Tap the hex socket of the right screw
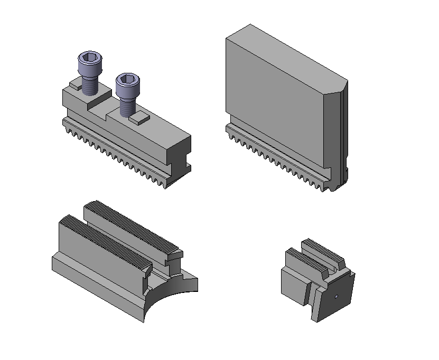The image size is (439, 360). [126, 80]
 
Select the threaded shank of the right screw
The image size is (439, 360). [126, 106]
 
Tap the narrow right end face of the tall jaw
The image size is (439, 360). [333, 132]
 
